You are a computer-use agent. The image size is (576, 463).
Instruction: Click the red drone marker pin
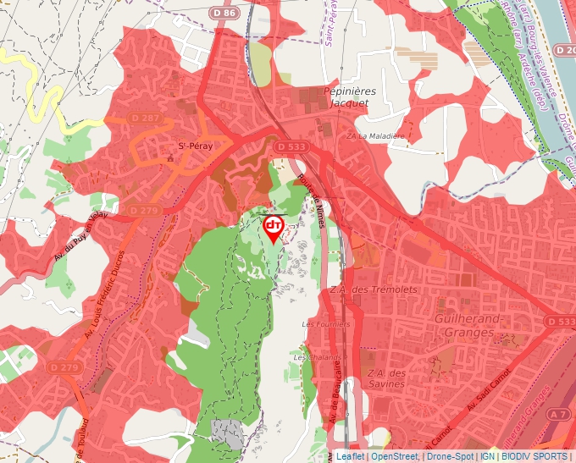click(274, 228)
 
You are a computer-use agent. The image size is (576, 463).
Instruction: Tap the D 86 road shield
click(224, 13)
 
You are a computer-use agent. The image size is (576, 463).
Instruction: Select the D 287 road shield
click(146, 117)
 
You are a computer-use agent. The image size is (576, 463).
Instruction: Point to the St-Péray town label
click(194, 146)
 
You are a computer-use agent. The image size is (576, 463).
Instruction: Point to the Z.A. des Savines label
click(387, 378)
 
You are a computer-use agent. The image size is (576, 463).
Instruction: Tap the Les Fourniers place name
click(325, 324)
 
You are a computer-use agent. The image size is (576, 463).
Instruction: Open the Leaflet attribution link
click(350, 456)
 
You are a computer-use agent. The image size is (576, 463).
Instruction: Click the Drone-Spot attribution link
click(450, 456)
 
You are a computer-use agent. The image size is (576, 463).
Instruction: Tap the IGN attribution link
click(488, 456)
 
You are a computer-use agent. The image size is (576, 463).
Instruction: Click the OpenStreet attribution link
click(395, 456)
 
